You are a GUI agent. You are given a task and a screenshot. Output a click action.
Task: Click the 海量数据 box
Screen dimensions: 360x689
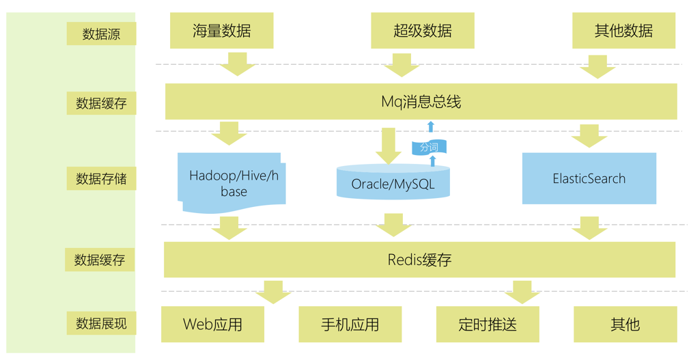(x=221, y=31)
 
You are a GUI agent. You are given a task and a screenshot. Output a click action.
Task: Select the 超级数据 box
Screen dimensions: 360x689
(x=423, y=31)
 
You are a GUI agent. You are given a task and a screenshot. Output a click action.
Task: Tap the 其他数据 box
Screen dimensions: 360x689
(x=623, y=31)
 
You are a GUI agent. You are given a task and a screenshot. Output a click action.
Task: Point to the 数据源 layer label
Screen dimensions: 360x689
(x=101, y=33)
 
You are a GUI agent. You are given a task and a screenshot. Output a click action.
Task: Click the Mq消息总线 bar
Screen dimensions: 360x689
(x=421, y=102)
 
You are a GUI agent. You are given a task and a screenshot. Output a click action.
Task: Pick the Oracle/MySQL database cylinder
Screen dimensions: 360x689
(x=393, y=183)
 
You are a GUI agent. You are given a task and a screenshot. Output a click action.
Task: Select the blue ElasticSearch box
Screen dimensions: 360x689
(x=589, y=178)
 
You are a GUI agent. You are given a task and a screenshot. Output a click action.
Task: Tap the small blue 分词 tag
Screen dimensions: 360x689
(x=429, y=147)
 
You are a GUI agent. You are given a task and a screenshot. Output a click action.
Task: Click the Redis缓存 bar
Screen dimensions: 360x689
(x=419, y=260)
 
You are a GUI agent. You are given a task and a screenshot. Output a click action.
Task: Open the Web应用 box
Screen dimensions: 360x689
(x=212, y=324)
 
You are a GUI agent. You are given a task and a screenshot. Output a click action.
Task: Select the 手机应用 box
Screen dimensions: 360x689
(x=350, y=324)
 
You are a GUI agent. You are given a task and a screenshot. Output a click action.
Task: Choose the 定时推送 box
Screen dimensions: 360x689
(x=488, y=324)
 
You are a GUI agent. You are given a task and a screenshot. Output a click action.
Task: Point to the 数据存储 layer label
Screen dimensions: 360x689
(x=101, y=179)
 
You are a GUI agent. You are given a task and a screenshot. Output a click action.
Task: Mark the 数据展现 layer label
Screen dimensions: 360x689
(x=101, y=323)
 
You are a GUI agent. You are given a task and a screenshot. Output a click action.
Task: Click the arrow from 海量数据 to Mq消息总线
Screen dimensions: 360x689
(x=238, y=64)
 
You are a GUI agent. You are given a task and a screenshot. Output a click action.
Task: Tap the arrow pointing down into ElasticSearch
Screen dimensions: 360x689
(x=589, y=136)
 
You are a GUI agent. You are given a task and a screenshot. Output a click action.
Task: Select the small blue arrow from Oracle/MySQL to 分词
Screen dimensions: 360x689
(x=432, y=161)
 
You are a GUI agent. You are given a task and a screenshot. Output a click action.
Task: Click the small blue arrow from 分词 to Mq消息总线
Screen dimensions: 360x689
(x=430, y=126)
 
